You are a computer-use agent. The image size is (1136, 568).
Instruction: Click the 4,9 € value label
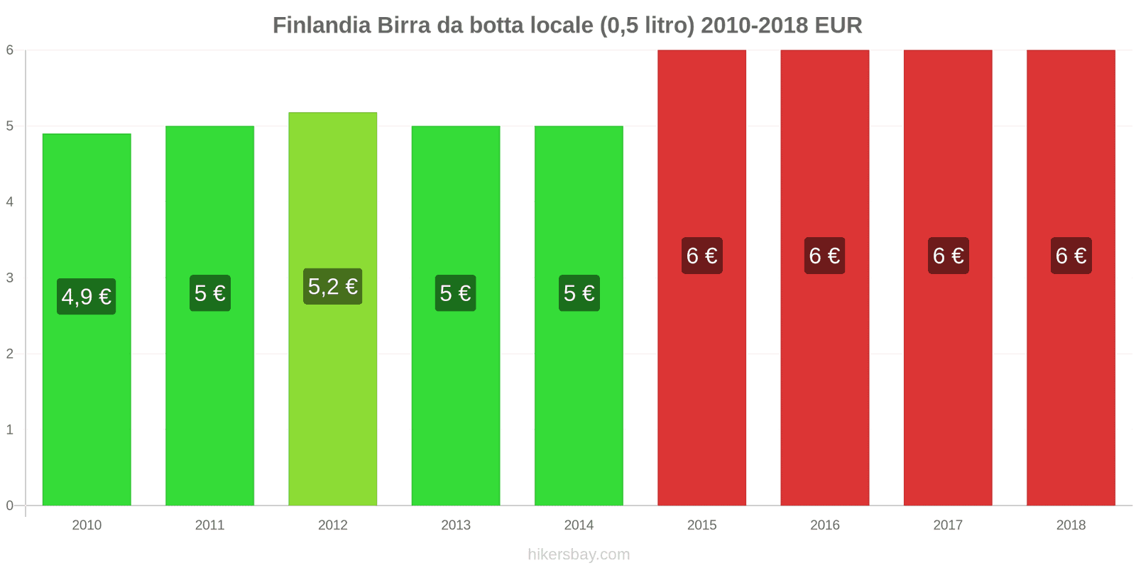[x=87, y=296]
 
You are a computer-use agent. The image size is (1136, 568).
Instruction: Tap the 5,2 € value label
[x=333, y=286]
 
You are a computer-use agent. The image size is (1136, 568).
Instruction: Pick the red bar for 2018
[x=1071, y=390]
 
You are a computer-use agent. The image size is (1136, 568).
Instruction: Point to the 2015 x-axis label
[x=701, y=525]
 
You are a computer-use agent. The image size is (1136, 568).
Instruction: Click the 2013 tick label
[x=456, y=525]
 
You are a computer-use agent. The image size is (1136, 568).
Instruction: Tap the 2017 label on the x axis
[x=948, y=525]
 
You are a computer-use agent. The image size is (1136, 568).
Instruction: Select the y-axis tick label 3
[x=10, y=278]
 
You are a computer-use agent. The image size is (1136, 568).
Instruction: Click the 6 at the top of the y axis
[x=10, y=50]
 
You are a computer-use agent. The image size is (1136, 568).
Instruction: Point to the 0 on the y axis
[x=10, y=506]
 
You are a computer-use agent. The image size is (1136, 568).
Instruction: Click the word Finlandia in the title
[x=322, y=26]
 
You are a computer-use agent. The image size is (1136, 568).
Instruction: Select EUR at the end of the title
[x=838, y=26]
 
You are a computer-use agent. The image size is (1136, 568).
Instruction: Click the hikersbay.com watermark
[x=579, y=555]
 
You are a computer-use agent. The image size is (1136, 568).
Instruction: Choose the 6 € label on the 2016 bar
[x=824, y=256]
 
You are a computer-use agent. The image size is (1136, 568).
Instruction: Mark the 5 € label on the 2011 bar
[x=210, y=293]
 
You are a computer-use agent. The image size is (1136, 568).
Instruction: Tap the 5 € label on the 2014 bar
[x=579, y=293]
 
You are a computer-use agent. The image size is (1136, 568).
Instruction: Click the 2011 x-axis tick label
[x=209, y=525]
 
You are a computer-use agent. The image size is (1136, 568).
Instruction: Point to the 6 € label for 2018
[x=1071, y=256]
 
